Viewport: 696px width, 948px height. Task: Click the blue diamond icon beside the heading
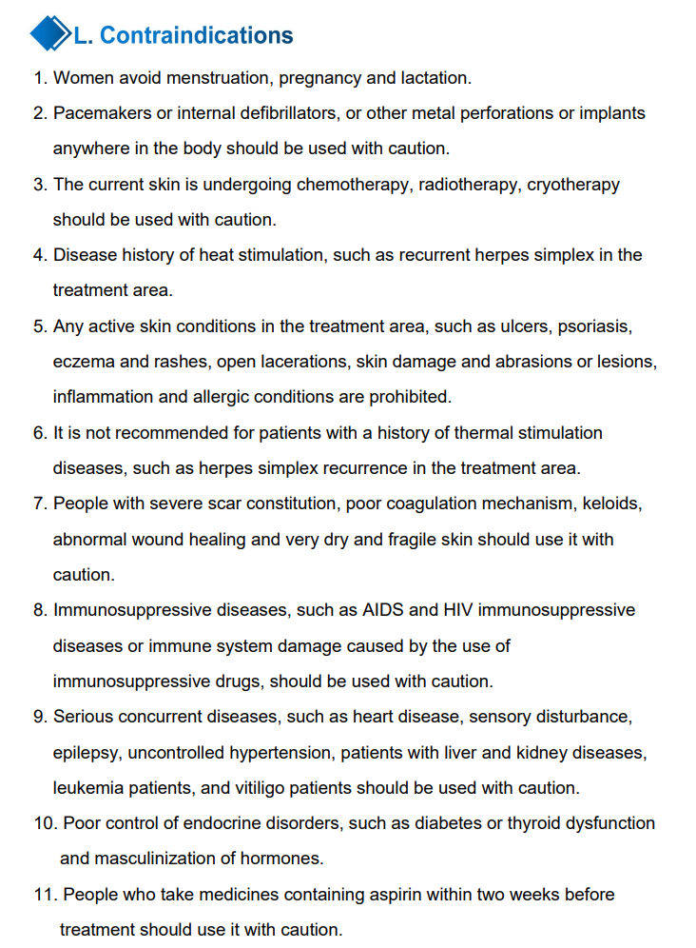point(51,34)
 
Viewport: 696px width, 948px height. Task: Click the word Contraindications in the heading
point(196,35)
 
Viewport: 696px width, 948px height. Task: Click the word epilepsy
point(86,752)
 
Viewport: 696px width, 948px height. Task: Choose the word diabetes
point(445,823)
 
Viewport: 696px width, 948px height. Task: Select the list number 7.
point(38,504)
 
